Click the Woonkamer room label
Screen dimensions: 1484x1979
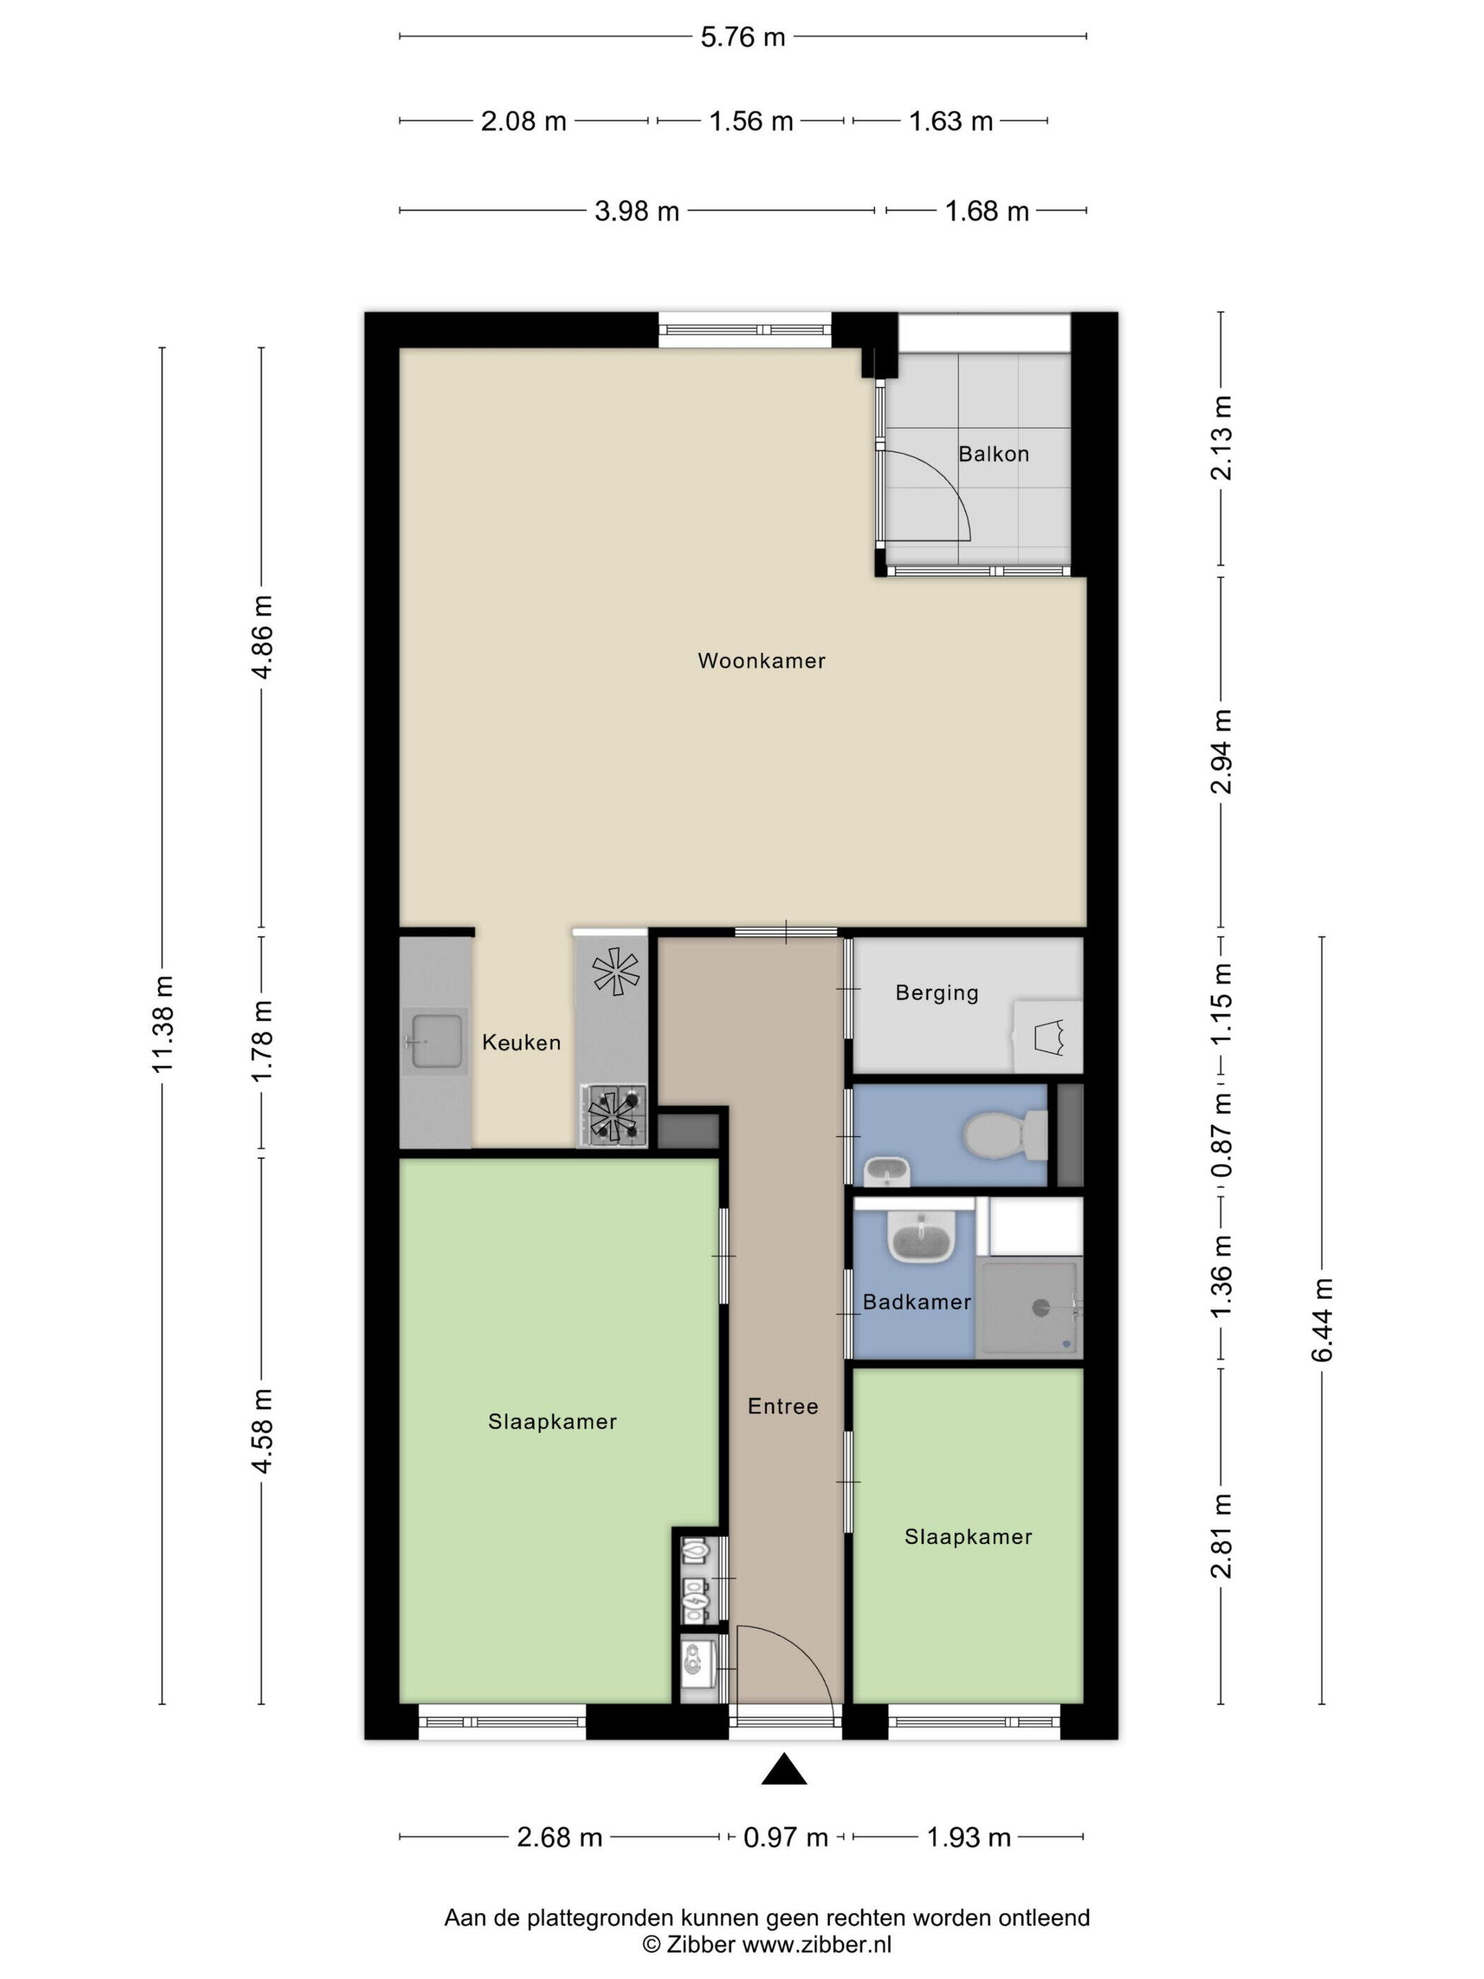point(761,661)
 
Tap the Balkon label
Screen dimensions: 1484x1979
point(994,454)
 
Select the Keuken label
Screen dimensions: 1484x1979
point(522,1043)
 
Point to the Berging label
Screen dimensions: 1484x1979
point(936,993)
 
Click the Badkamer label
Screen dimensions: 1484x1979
point(917,1302)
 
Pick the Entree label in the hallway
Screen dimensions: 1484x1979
point(784,1407)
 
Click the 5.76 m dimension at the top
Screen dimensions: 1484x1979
point(743,37)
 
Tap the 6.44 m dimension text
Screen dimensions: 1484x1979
point(1322,1320)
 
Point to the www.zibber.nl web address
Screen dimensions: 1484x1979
point(818,1944)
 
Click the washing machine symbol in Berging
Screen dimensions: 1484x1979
point(1047,1037)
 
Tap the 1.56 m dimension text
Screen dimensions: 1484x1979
point(751,121)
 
